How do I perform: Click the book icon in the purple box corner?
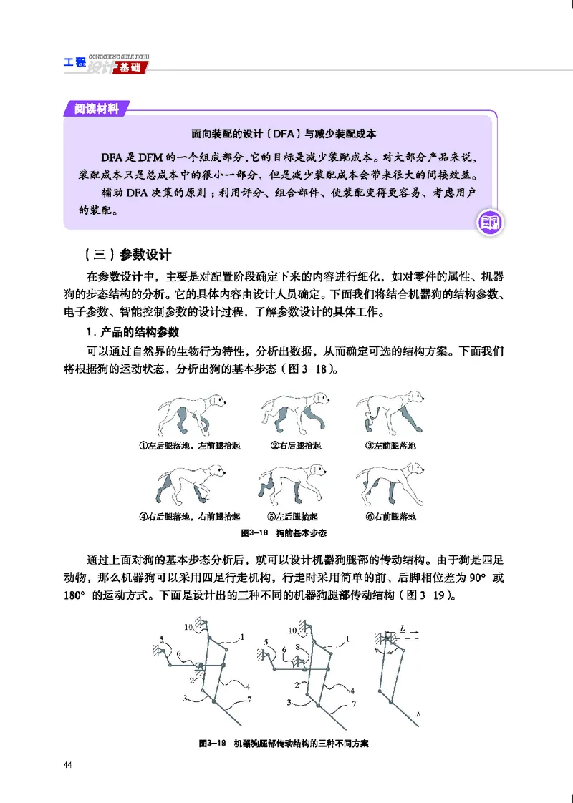pos(491,223)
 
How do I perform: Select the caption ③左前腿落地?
pos(390,445)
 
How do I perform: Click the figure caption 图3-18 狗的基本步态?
pos(284,534)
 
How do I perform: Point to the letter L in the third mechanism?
pos(404,628)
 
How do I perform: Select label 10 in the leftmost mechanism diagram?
pos(188,628)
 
